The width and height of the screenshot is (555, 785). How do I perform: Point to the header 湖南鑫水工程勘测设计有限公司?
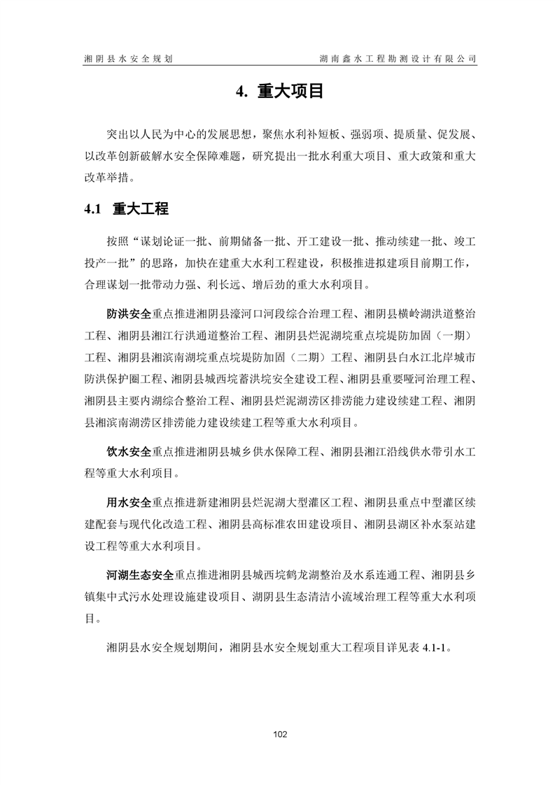coord(397,59)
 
